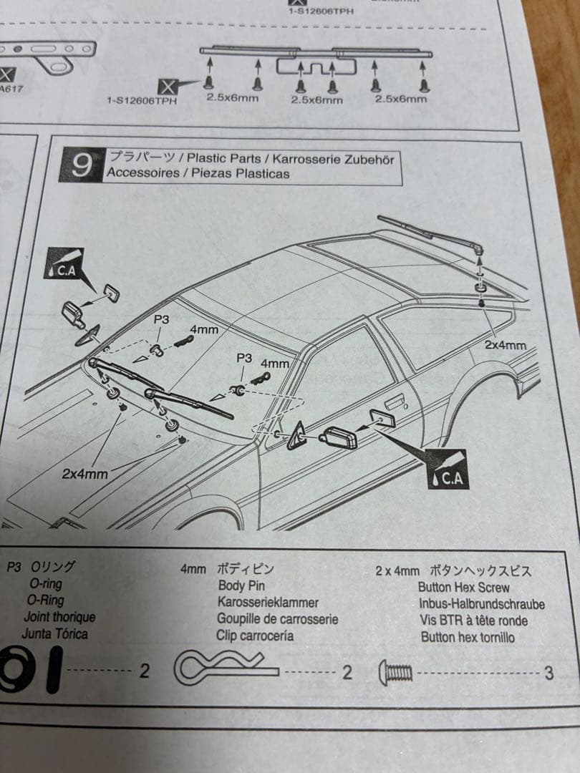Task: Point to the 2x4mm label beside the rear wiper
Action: click(x=506, y=345)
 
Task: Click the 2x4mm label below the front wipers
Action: click(x=84, y=474)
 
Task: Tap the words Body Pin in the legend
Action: click(x=241, y=586)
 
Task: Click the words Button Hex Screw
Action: click(x=464, y=588)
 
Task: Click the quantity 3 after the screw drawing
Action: click(x=548, y=673)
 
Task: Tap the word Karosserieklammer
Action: click(x=268, y=603)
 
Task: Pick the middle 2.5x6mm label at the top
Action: click(x=316, y=100)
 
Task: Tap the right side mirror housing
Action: click(x=338, y=437)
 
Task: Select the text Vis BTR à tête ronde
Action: click(x=473, y=621)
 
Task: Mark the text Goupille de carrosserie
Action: click(x=277, y=619)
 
